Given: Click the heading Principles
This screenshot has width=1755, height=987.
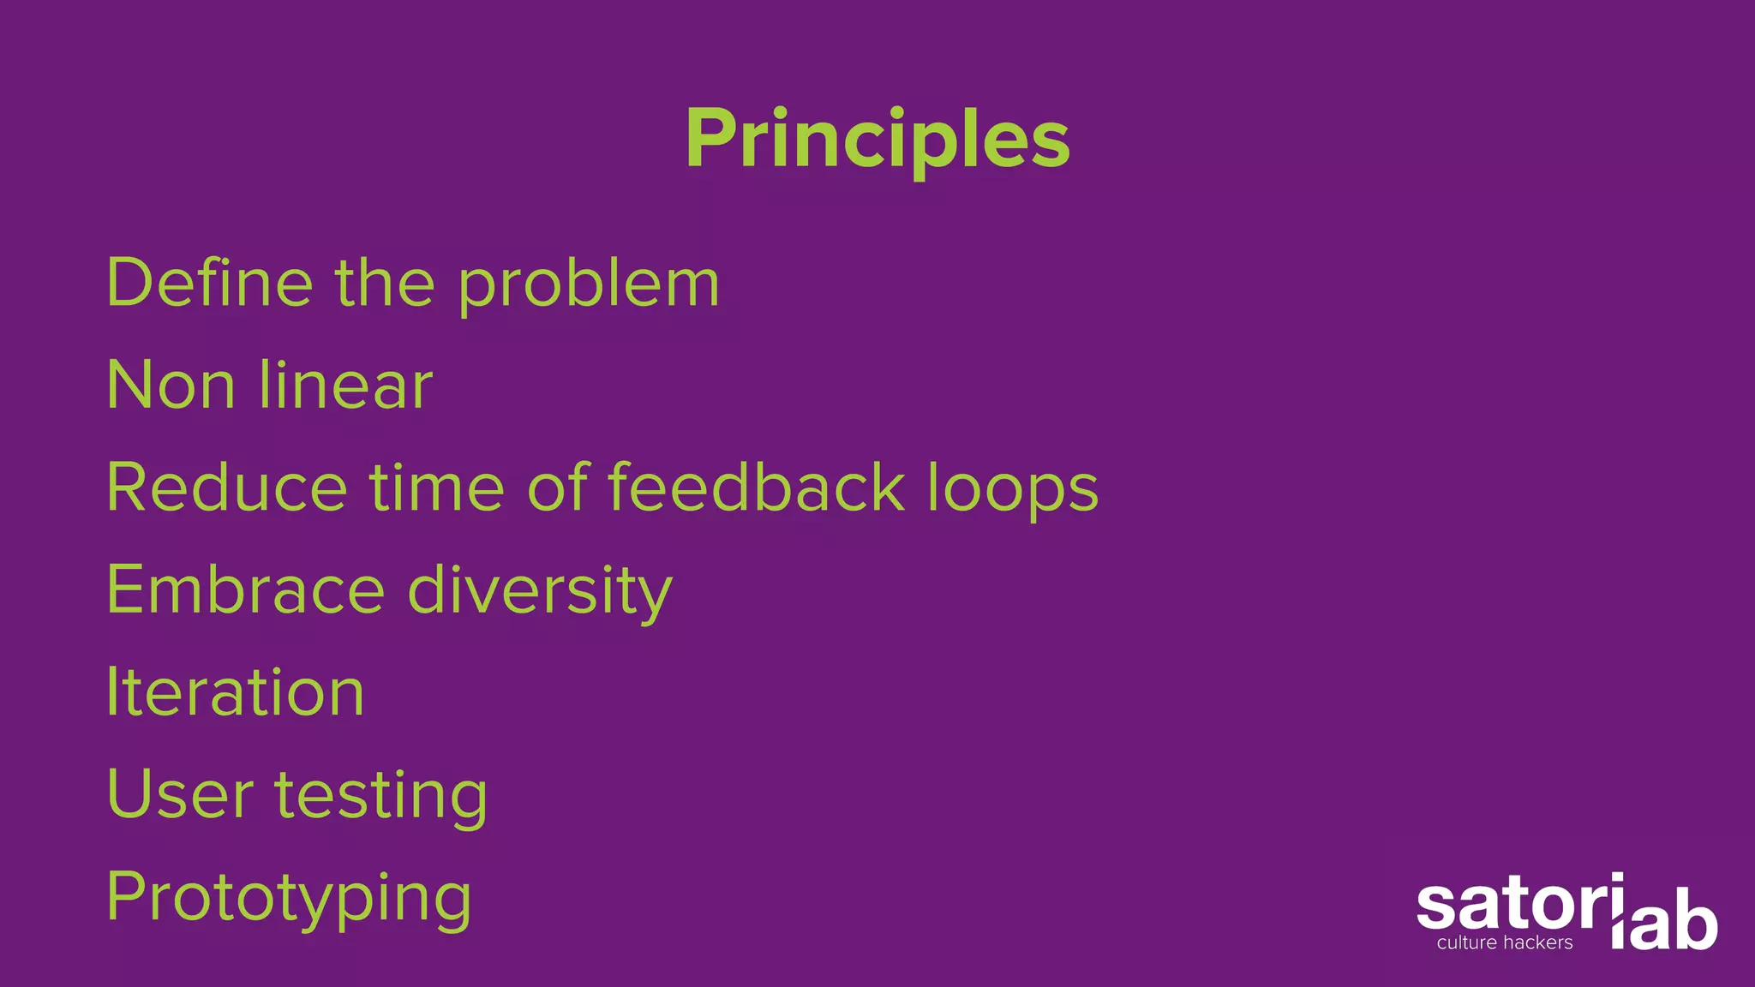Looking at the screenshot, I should pyautogui.click(x=877, y=139).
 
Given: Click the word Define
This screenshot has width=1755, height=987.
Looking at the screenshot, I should pyautogui.click(x=210, y=283).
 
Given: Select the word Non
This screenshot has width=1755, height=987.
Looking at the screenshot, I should pyautogui.click(x=171, y=386).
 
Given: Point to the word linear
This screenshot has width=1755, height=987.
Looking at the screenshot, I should pyautogui.click(x=346, y=386).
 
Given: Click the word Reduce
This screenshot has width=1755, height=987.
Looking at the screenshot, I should pyautogui.click(x=227, y=488).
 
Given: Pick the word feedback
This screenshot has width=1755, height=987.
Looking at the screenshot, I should pyautogui.click(x=757, y=488).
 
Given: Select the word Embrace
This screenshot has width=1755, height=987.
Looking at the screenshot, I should pyautogui.click(x=246, y=589).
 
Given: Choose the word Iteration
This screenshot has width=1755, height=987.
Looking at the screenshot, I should pyautogui.click(x=236, y=692).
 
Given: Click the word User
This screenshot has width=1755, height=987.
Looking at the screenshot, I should pyautogui.click(x=181, y=794).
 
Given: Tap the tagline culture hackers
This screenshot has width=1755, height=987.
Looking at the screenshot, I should pyautogui.click(x=1505, y=943).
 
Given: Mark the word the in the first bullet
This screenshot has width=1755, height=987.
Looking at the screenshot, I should pyautogui.click(x=385, y=283).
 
